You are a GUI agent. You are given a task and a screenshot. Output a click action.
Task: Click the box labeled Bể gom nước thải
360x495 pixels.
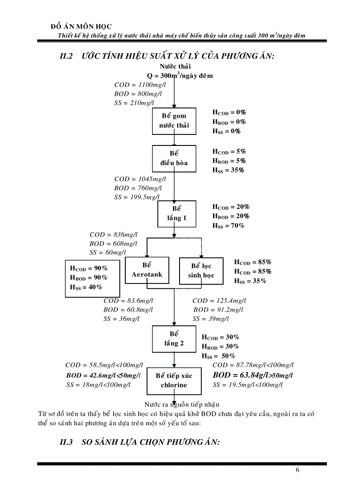click(x=174, y=121)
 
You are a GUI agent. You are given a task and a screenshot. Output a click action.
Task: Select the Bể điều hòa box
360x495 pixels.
click(x=174, y=158)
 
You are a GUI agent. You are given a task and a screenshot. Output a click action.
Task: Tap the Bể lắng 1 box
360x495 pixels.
click(x=176, y=213)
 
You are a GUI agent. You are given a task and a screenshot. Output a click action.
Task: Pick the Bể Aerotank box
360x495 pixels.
click(x=147, y=270)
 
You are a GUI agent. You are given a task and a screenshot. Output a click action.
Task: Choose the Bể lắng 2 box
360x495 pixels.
click(x=174, y=339)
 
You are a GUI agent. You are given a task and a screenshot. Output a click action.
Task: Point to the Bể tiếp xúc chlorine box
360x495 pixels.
click(x=174, y=380)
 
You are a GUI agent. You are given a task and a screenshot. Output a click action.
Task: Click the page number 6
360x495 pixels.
click(x=297, y=470)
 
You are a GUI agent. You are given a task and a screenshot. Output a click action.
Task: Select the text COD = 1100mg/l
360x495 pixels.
click(x=137, y=85)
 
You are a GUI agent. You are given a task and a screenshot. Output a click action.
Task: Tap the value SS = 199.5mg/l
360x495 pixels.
click(x=137, y=197)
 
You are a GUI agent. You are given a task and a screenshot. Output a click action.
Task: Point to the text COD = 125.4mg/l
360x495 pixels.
click(x=219, y=301)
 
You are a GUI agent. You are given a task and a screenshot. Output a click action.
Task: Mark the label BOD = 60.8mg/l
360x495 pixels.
click(x=128, y=310)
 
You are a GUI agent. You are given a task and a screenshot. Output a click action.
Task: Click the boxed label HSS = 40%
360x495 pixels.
click(x=86, y=287)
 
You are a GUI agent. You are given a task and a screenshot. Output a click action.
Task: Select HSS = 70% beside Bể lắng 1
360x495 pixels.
click(x=228, y=226)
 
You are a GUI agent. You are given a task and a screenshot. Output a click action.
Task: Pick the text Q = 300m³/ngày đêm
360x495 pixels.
click(x=180, y=75)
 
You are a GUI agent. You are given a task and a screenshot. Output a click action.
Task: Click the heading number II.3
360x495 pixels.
click(x=66, y=443)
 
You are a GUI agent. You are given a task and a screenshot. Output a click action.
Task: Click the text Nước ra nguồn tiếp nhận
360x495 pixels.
click(x=182, y=404)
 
